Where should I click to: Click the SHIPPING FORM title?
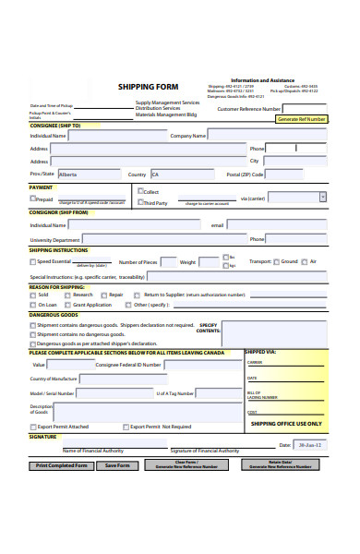pos(148,87)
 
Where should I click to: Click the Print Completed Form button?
pos(62,465)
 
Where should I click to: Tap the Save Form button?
pos(118,465)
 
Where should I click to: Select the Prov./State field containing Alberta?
pos(89,174)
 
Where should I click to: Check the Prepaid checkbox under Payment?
pos(33,198)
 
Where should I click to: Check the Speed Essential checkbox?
pos(33,261)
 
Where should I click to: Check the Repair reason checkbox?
pos(103,295)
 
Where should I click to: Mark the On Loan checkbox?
pos(33,305)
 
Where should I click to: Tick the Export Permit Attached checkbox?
pos(33,427)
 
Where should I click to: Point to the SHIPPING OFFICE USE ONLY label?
pos(286,423)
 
